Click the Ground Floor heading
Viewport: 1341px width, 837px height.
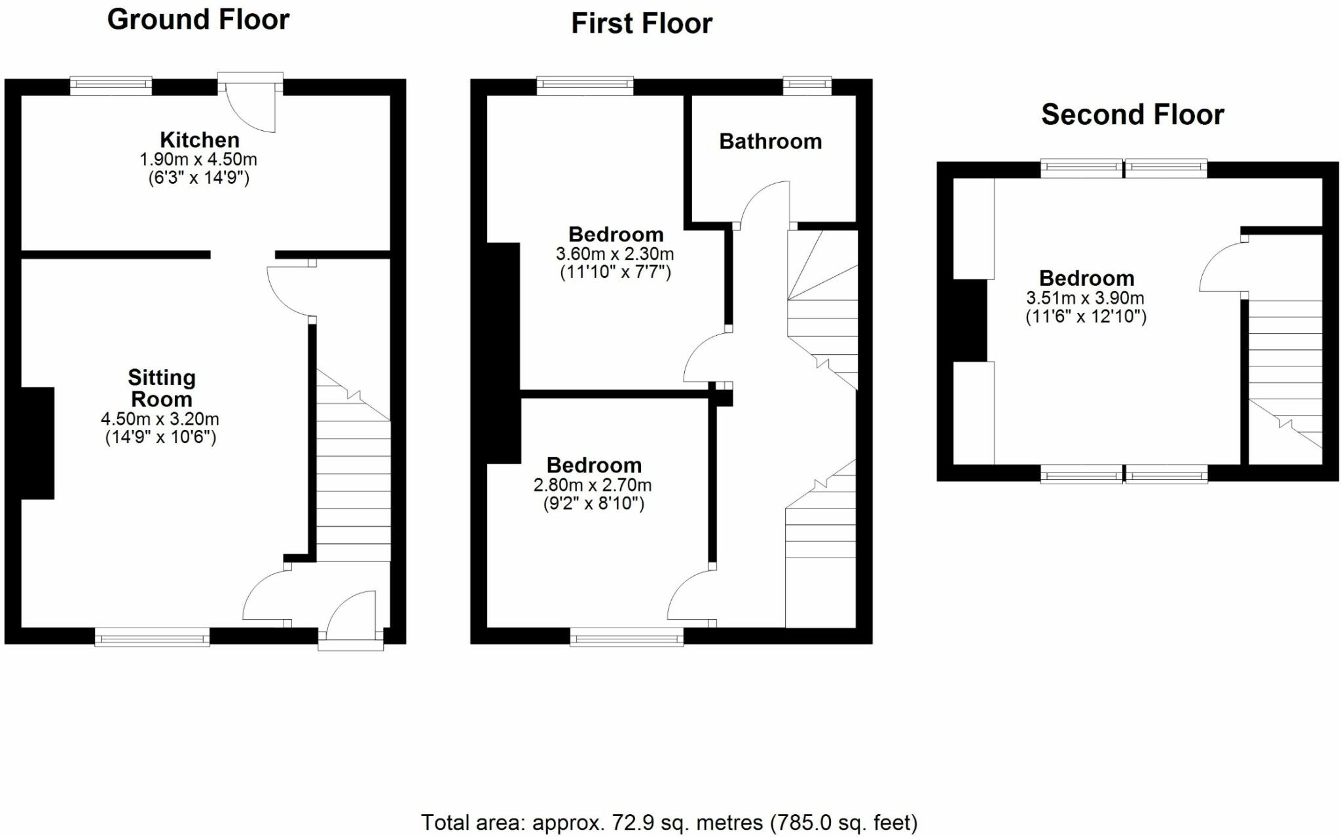198,20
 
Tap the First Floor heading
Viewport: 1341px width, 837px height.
641,24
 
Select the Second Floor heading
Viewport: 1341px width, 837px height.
1132,115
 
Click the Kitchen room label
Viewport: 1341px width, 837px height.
199,139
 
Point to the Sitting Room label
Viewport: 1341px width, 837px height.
161,388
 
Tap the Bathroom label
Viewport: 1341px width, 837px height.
770,141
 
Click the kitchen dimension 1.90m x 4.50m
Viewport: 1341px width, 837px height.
198,159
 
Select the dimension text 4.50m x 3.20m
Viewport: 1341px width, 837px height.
160,419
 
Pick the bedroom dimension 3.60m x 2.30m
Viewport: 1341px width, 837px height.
615,253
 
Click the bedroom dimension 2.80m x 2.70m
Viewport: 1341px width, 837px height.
593,485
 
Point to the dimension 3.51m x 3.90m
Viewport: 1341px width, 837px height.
1085,298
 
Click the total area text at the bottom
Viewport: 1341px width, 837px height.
669,822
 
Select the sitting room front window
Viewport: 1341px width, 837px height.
152,636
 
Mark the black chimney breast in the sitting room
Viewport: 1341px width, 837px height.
37,443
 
